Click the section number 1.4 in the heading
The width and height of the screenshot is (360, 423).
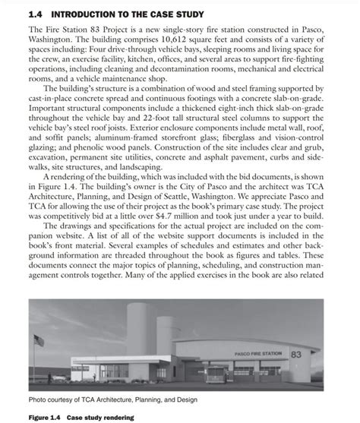click(x=36, y=14)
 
